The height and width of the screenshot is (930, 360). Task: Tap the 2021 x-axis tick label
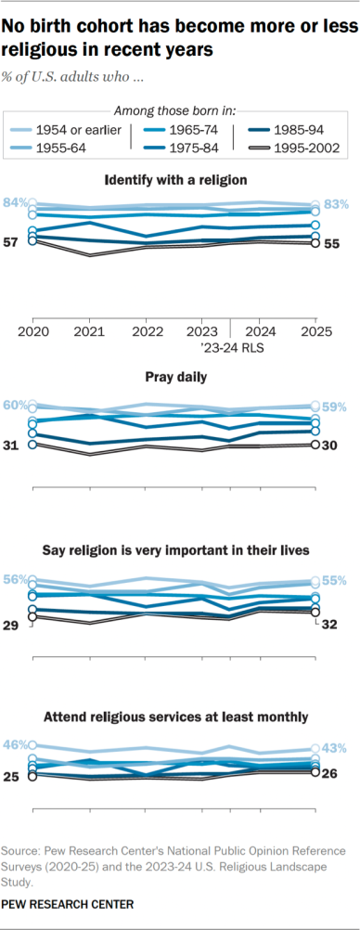(91, 329)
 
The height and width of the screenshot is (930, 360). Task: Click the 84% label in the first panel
(15, 202)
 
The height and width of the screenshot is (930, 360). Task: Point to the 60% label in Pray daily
(15, 405)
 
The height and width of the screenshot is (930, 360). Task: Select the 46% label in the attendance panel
(15, 744)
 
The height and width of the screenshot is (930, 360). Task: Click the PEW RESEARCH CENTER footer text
(68, 903)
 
